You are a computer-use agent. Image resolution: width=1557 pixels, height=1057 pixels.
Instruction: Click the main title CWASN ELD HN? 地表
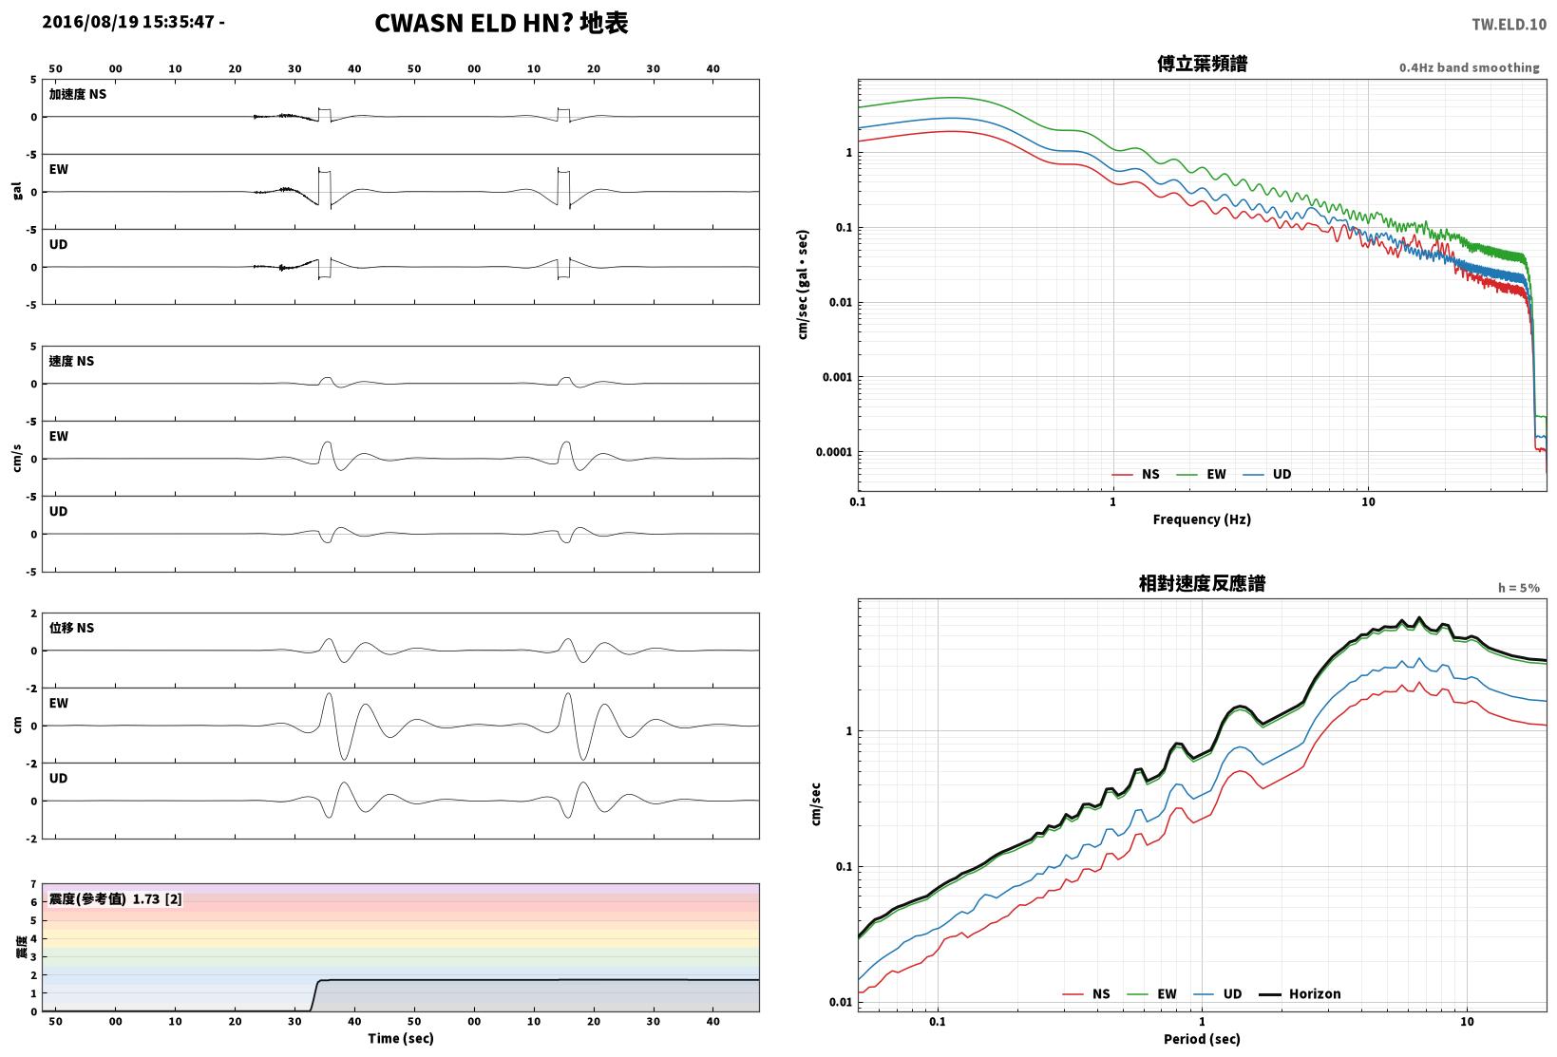coord(502,23)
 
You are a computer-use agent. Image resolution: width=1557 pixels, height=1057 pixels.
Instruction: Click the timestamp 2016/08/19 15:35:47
coord(128,22)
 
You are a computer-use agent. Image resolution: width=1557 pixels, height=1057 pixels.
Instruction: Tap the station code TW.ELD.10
coord(1510,25)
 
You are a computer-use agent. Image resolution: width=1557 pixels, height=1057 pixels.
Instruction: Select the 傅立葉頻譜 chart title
coord(1202,64)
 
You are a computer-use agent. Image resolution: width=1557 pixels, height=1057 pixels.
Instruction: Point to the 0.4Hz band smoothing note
coord(1470,67)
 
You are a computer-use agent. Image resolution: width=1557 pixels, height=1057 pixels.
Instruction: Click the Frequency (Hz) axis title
coord(1202,519)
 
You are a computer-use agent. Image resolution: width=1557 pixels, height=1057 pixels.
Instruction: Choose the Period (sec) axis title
coord(1202,1039)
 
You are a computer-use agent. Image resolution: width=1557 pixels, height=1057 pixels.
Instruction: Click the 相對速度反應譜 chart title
coord(1202,583)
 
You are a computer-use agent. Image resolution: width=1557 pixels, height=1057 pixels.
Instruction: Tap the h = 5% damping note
coord(1519,588)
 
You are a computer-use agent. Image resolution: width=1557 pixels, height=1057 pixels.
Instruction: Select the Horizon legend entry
coord(1300,993)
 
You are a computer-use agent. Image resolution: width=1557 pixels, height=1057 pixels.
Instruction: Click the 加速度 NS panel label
coord(77,94)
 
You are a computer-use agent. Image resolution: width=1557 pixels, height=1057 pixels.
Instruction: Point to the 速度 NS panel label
coord(71,361)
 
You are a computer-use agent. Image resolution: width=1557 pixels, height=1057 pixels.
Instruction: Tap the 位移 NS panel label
coord(71,628)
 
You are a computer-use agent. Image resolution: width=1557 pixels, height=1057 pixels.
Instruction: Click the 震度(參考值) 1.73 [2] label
coord(115,898)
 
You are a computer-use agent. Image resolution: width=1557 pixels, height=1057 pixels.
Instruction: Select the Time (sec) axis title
coord(400,1038)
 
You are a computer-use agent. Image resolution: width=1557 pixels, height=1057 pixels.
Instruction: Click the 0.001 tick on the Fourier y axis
coord(838,377)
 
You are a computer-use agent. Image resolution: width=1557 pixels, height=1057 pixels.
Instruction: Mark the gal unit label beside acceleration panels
coord(17,191)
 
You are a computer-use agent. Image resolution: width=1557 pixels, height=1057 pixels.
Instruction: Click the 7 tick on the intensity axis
coord(33,884)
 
